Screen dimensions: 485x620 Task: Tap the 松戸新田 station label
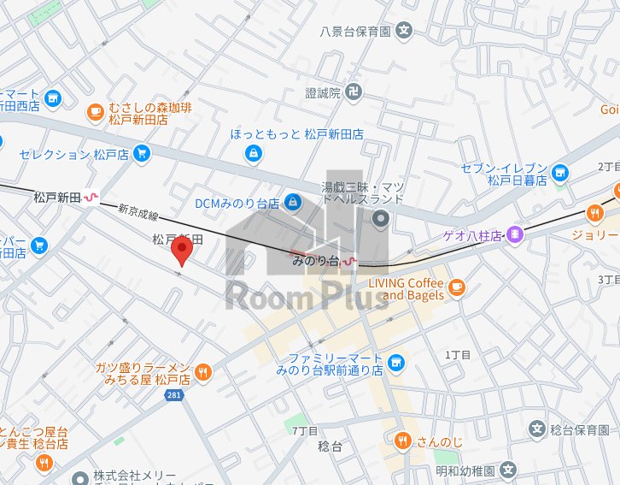coord(56,198)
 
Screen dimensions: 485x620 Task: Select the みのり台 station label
coord(316,259)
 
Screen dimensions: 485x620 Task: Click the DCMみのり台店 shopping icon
coord(293,203)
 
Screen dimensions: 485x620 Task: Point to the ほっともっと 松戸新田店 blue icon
coord(253,153)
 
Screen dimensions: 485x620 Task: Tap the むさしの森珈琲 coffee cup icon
coord(95,110)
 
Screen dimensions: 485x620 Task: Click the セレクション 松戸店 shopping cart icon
coord(142,155)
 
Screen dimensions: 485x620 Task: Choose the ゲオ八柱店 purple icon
coord(514,233)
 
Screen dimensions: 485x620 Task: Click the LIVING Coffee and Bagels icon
coord(456,285)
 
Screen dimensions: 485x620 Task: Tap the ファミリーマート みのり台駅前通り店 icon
coord(395,364)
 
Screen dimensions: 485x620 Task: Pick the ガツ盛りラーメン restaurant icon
coord(202,371)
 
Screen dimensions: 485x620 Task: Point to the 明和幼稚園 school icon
coord(508,470)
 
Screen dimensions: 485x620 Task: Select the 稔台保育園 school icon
coord(537,429)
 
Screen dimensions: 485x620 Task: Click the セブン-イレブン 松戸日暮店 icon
coord(559,172)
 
